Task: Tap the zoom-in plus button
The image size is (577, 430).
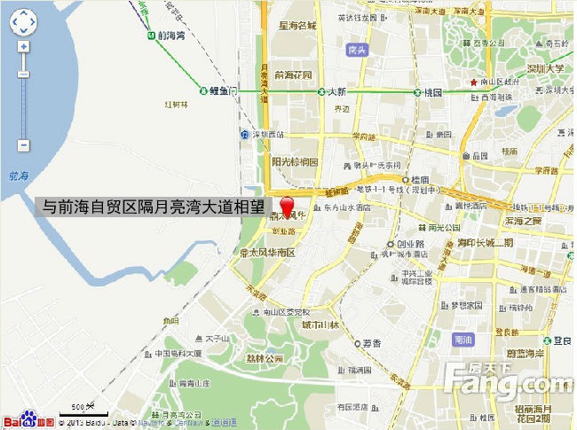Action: pyautogui.click(x=24, y=46)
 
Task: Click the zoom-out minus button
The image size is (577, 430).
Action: pyautogui.click(x=24, y=145)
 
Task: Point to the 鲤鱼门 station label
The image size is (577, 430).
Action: pyautogui.click(x=222, y=90)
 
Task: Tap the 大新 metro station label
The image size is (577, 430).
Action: pyautogui.click(x=336, y=91)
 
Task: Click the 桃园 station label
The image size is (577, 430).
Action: pyautogui.click(x=432, y=91)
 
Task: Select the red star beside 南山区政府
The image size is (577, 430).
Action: pyautogui.click(x=473, y=82)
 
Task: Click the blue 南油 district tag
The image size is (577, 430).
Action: pyautogui.click(x=462, y=340)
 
